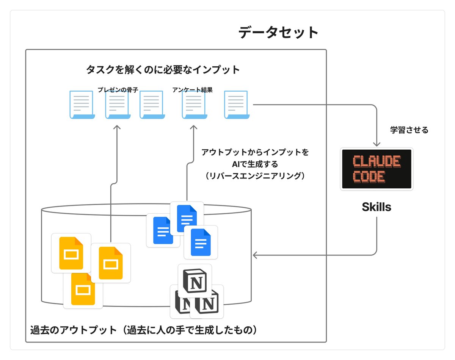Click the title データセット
(278, 33)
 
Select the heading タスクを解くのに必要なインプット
(163, 70)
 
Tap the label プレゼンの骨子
(118, 90)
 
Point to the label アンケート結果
(192, 90)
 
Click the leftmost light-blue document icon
(82, 105)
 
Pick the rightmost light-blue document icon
(238, 105)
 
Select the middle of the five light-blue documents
(152, 105)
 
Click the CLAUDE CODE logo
(377, 169)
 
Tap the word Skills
(377, 207)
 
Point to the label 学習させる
(409, 130)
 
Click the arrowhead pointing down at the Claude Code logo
(377, 144)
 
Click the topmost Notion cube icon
(195, 281)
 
